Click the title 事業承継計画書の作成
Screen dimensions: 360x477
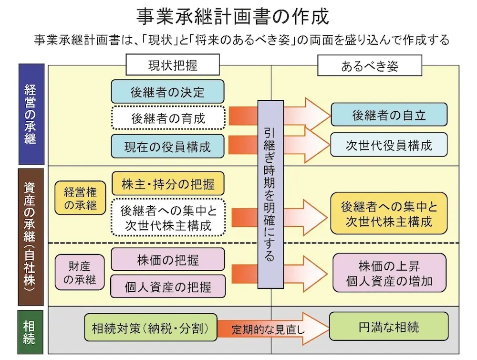coord(232,17)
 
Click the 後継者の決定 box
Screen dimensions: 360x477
coord(167,92)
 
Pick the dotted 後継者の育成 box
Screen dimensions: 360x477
coord(167,117)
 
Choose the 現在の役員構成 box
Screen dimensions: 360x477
coord(167,145)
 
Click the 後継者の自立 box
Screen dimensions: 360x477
coord(389,115)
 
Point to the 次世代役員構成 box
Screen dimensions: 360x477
coord(389,145)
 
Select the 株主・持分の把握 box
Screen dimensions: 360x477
coord(168,184)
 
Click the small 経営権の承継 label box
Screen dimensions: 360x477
coord(80,198)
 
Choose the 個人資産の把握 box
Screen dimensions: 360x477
coord(168,286)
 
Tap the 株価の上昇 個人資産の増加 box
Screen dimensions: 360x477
coord(389,273)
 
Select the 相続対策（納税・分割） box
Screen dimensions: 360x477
coord(150,328)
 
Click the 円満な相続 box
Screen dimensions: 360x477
coord(389,327)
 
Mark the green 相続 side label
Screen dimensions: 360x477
coord(31,332)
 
